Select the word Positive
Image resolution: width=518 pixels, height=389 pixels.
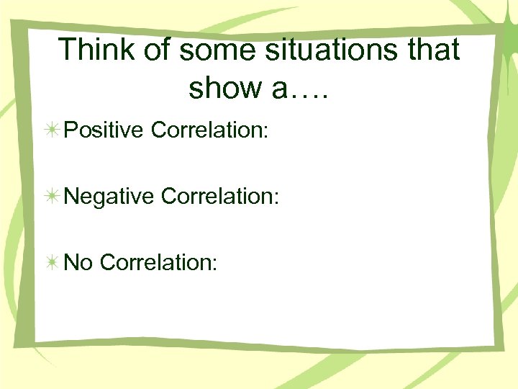coord(105,130)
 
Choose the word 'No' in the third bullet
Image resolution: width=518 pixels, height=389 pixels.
coord(78,262)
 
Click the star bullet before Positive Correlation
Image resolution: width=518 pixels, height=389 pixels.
coord(53,130)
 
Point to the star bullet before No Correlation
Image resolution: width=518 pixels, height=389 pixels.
coord(53,263)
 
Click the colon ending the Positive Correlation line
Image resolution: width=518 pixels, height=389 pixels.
coord(265,133)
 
